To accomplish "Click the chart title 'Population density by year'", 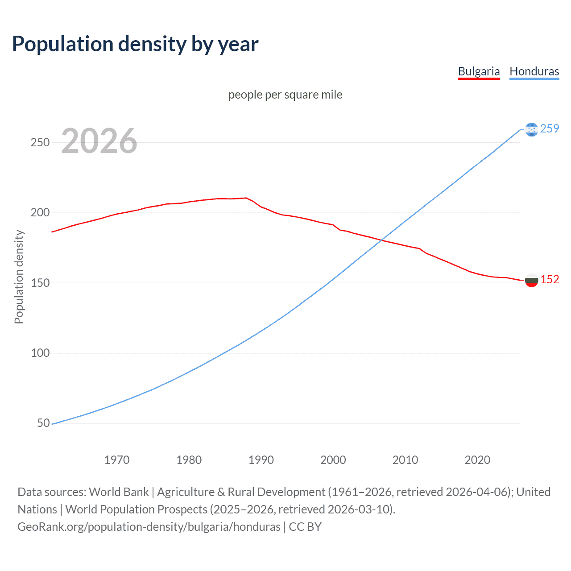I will (135, 44).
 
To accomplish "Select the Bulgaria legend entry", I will (479, 71).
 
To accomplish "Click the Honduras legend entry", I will (534, 71).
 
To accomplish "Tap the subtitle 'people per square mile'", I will (285, 95).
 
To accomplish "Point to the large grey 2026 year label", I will (99, 141).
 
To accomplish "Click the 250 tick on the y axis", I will (40, 142).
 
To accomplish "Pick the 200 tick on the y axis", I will (40, 212).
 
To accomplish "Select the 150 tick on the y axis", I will (40, 283).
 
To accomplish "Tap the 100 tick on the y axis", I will (40, 353).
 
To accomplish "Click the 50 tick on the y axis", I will (43, 423).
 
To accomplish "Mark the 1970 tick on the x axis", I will (117, 460).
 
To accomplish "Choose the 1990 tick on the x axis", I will (261, 460).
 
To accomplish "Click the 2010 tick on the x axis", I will (405, 460).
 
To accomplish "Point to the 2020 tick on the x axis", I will (477, 460).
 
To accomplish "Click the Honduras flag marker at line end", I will (531, 129).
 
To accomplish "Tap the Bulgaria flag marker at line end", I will (531, 280).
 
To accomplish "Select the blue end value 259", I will (550, 128).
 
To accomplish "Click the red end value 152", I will (550, 279).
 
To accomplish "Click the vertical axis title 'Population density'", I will (19, 277).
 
